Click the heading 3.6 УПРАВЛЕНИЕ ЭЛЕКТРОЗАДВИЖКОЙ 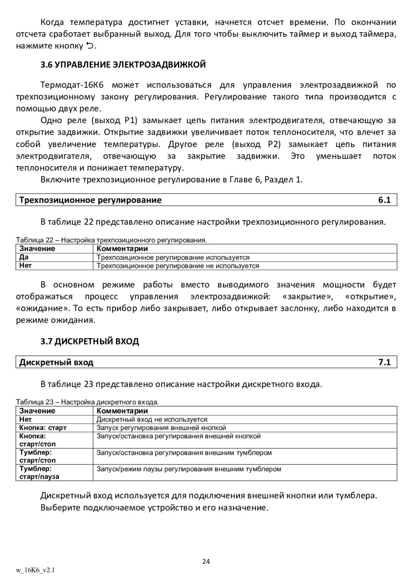[123, 65]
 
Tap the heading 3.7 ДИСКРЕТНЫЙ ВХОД [90, 342]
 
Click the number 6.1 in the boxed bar [384, 200]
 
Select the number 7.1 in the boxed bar [384, 362]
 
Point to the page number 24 [206, 562]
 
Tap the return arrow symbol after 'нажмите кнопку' [90, 45]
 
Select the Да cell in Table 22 [24, 258]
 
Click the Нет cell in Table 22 [26, 265]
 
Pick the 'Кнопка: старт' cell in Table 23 [43, 428]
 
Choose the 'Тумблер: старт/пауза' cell [39, 473]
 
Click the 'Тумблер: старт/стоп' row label [38, 456]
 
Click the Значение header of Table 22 [37, 248]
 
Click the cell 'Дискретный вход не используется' [152, 419]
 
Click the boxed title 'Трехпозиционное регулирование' [90, 200]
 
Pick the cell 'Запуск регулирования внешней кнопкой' [161, 428]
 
